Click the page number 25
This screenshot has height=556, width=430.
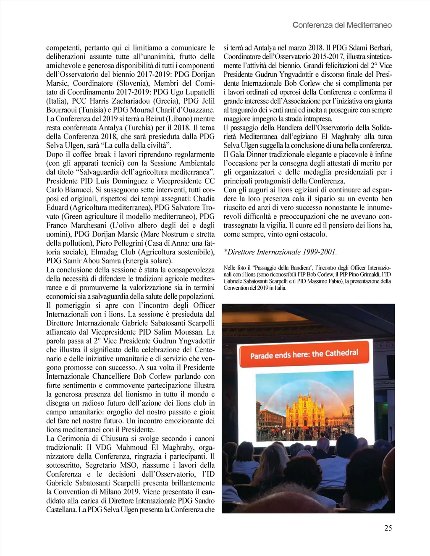click(388, 528)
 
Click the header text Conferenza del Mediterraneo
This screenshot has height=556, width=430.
click(342, 25)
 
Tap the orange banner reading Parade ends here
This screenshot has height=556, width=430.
click(304, 354)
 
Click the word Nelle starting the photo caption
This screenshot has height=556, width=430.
click(229, 268)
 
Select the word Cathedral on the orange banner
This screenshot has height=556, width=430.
click(341, 353)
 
